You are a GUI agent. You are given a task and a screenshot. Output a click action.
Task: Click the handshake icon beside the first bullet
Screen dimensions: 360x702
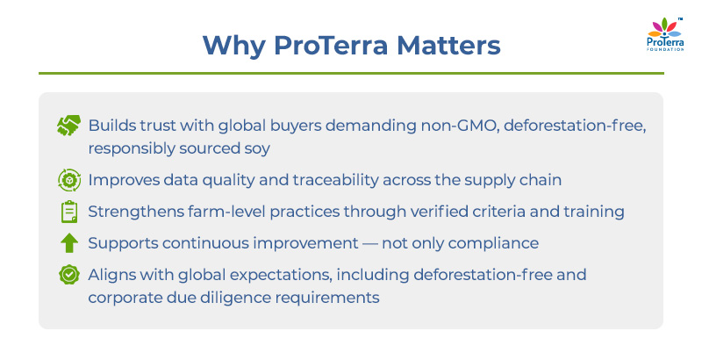coord(68,126)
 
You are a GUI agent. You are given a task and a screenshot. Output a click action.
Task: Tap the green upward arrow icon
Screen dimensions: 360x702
coord(68,243)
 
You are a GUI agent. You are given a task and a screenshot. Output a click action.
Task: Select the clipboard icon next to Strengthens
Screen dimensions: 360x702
coord(68,212)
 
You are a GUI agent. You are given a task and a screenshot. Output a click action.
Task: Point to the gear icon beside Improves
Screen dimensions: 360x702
coord(68,180)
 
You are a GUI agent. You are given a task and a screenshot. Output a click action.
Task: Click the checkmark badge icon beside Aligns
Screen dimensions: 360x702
coord(68,275)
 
